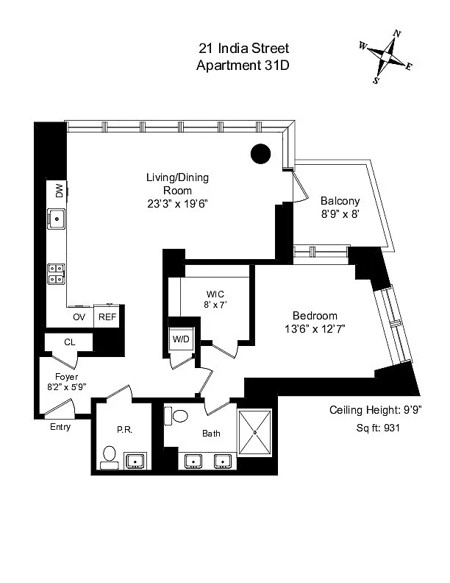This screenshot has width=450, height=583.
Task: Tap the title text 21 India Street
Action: coord(243,49)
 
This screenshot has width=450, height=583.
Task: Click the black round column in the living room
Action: coord(260,153)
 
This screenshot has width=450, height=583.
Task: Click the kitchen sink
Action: coord(57,218)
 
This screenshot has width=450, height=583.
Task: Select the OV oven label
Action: coord(79,317)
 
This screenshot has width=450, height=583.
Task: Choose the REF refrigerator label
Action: coord(107,317)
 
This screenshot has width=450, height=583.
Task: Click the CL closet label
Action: coord(69,342)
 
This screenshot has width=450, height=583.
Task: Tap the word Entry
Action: coord(60,427)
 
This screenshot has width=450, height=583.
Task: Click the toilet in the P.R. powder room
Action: coord(110,456)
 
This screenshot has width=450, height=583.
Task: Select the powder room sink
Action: coord(136,462)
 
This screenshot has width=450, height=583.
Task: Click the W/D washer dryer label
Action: coord(181,339)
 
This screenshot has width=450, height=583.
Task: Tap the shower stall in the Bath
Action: coord(254,432)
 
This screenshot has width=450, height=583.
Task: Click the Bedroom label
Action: coord(315,316)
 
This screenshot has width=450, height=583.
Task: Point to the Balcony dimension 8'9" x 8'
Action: coord(339,216)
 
